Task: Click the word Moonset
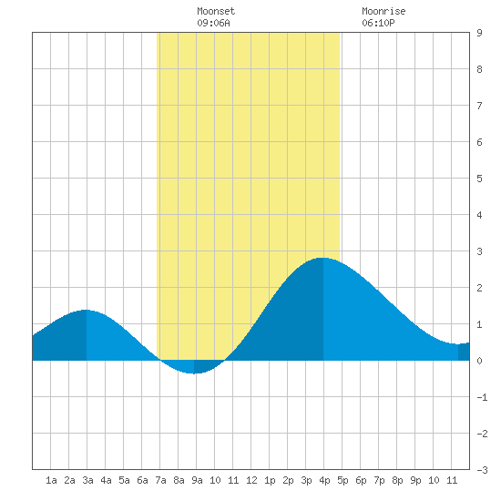pos(216,11)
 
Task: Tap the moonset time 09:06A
pos(213,23)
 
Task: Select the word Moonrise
pos(383,11)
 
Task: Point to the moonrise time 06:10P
pos(378,23)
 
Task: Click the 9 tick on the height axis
pos(479,33)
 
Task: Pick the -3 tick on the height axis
pos(482,470)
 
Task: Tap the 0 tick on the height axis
pos(479,361)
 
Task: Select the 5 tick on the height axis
pos(479,179)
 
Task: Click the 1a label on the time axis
pos(51,480)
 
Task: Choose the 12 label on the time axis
pos(251,480)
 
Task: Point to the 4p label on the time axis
pos(324,480)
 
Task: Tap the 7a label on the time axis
pos(160,480)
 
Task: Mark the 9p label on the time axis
pos(415,480)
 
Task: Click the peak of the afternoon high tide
pos(323,258)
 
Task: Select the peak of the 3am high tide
pos(86,310)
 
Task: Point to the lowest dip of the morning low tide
pos(194,373)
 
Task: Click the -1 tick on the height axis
pos(482,397)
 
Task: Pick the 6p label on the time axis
pos(361,480)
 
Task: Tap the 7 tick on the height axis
pos(479,106)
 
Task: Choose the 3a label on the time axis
pos(87,480)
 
